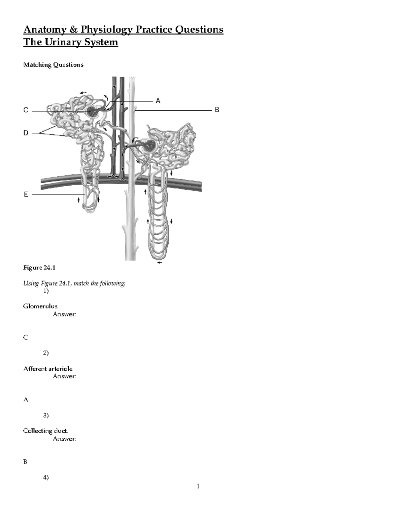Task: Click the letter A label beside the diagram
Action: click(158, 101)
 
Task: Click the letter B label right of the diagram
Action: click(217, 110)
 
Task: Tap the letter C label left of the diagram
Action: click(26, 110)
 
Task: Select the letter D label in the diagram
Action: click(26, 133)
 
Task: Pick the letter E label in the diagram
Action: click(26, 195)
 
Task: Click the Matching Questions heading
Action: click(53, 65)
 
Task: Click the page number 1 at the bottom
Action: click(198, 486)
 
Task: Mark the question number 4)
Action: click(46, 477)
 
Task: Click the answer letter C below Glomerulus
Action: click(25, 338)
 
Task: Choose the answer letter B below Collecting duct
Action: click(25, 462)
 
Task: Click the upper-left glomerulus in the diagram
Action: click(93, 112)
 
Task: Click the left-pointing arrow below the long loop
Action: click(160, 263)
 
